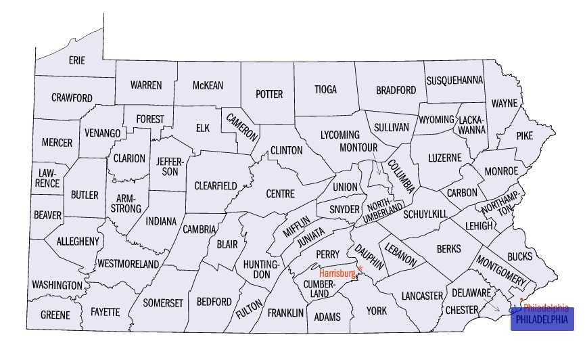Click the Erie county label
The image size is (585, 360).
point(77,60)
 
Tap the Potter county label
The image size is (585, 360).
point(269,94)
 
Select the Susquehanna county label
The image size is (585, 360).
point(454,80)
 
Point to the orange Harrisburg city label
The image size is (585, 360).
point(337,273)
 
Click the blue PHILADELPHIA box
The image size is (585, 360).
point(542,319)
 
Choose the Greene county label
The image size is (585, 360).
point(55,315)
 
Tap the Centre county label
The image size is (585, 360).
point(280,194)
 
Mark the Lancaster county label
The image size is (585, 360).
point(421,296)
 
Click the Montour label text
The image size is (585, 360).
point(358,147)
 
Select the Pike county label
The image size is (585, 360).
point(524,136)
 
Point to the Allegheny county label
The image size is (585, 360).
point(78,241)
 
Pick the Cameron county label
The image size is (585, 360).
point(241,126)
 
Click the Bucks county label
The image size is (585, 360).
point(519,256)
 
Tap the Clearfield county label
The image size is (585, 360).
point(216,185)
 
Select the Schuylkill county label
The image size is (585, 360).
point(425,214)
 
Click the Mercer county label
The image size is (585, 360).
point(57,143)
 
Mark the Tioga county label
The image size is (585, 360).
point(325,89)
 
